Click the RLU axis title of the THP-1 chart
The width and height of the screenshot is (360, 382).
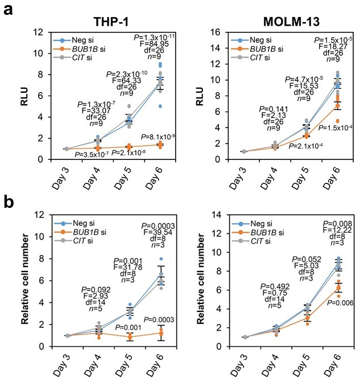(x=23, y=96)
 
